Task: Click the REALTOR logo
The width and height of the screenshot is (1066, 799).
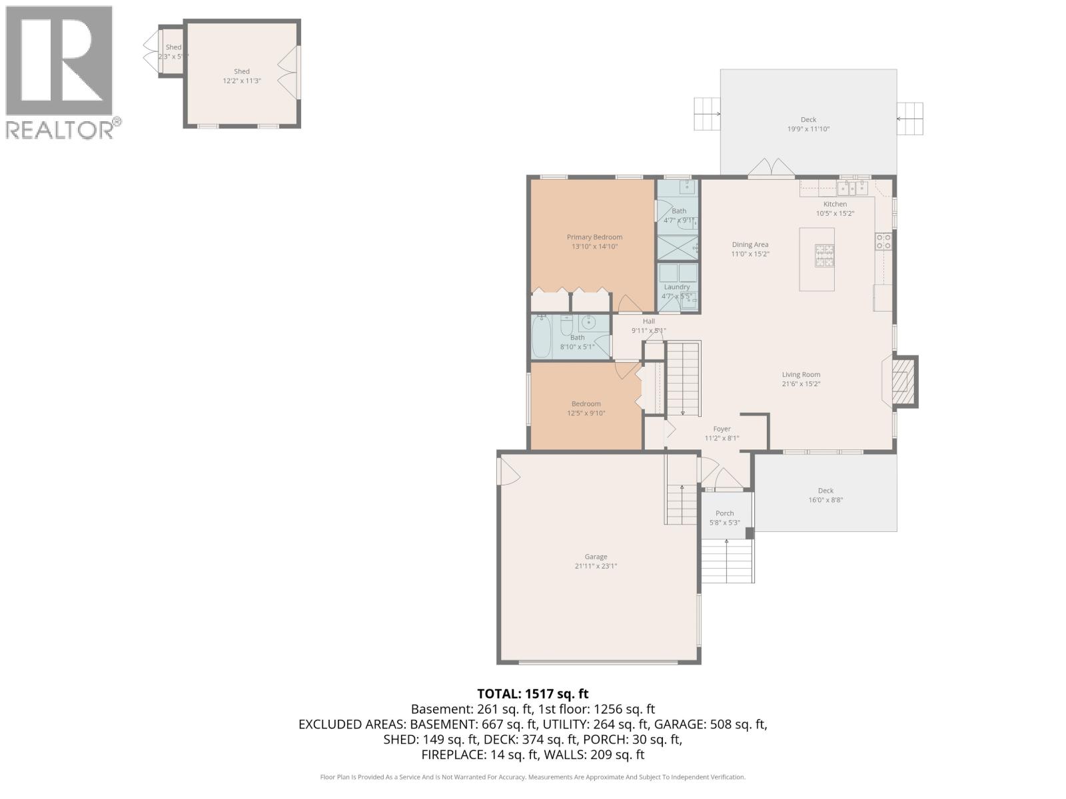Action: click(x=60, y=72)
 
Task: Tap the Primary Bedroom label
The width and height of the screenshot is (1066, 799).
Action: click(x=594, y=237)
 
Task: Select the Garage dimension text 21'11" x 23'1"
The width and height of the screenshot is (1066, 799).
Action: click(x=596, y=567)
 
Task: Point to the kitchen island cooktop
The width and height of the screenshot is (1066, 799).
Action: click(x=825, y=256)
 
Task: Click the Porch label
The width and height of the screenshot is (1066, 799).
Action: click(x=724, y=513)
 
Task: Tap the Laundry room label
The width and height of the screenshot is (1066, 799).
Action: click(x=676, y=287)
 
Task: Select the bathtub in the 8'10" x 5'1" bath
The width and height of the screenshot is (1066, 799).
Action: click(x=541, y=338)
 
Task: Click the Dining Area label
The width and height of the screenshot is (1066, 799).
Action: click(x=750, y=244)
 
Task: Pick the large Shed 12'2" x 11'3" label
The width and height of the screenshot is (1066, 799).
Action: click(x=241, y=71)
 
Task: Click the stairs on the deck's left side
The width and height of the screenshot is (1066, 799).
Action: click(x=707, y=115)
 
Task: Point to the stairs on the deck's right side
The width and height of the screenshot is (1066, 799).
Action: click(x=910, y=119)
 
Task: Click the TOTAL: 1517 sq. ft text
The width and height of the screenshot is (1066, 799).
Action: click(x=533, y=694)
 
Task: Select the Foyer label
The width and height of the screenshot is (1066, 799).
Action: click(x=722, y=429)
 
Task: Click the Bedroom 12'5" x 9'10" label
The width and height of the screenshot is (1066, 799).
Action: click(x=586, y=403)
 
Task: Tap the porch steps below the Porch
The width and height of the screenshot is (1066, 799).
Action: click(x=727, y=560)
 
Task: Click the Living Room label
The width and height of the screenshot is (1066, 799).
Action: click(x=801, y=374)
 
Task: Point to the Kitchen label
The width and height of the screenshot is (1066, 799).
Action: click(x=835, y=204)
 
